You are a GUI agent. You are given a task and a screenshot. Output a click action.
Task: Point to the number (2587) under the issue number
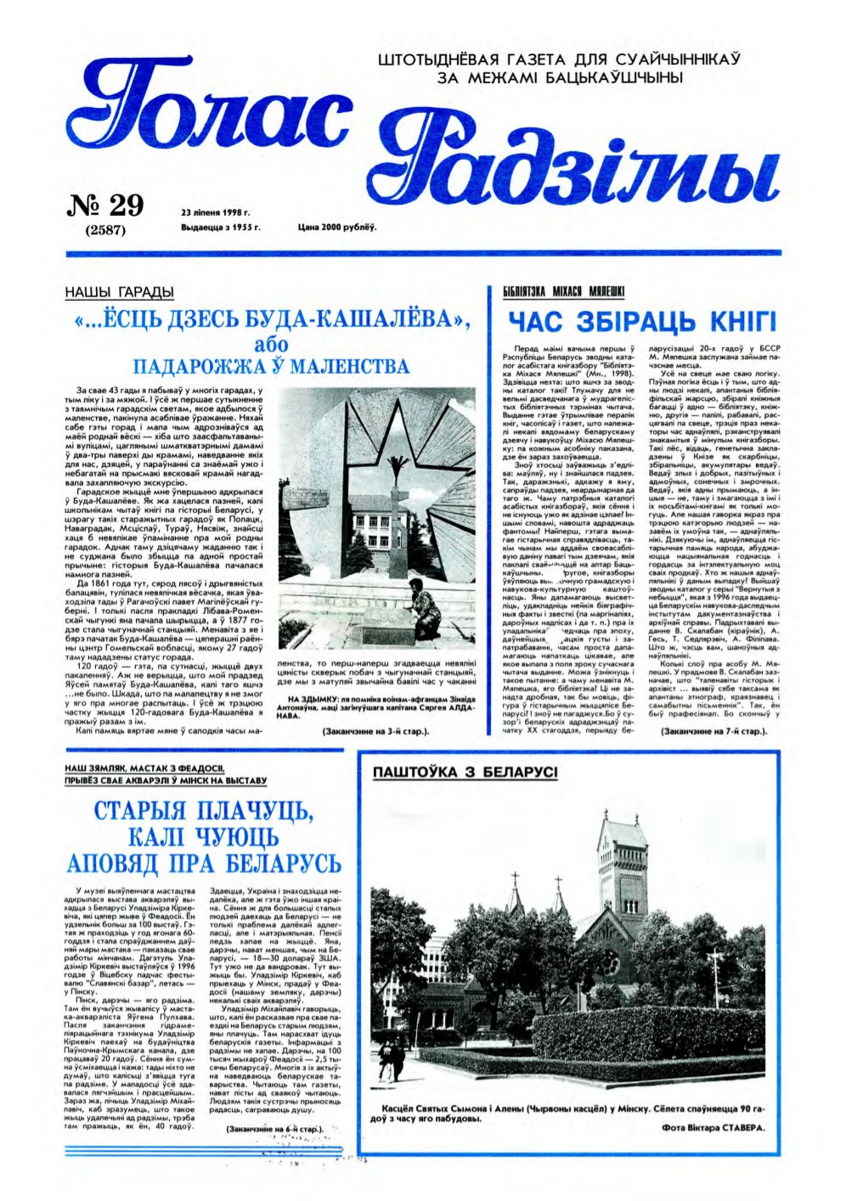tap(106, 229)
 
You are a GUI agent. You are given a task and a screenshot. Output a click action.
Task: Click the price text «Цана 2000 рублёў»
tap(336, 228)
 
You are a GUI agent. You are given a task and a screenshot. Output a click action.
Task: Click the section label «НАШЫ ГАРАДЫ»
tap(119, 292)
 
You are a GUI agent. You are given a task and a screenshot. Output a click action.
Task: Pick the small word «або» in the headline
tap(272, 346)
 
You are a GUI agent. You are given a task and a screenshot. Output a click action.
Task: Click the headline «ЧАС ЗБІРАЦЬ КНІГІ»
tap(641, 323)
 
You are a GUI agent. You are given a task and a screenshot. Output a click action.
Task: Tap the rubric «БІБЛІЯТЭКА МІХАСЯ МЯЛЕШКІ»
tap(563, 291)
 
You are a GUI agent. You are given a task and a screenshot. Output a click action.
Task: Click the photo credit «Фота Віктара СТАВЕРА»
tap(712, 1128)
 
